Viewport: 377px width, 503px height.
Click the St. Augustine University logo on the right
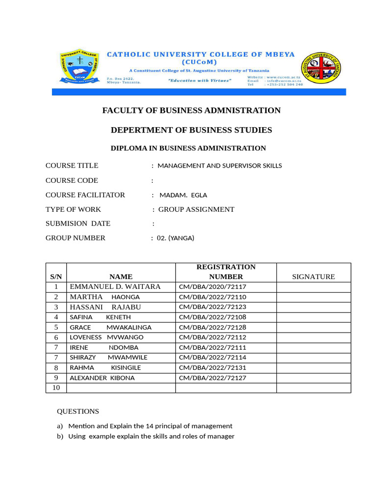tap(323, 66)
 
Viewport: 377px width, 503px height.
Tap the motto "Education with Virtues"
tap(199, 80)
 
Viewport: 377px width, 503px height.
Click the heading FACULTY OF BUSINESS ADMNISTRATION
tap(191, 111)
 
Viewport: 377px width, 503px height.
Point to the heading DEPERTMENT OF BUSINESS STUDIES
tap(191, 130)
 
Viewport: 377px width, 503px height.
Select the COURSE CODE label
tap(72, 180)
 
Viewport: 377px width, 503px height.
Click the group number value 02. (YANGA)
tap(176, 238)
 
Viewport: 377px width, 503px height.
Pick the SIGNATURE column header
tap(313, 277)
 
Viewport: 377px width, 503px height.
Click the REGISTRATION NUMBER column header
tap(226, 272)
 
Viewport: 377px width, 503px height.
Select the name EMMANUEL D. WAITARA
tap(115, 286)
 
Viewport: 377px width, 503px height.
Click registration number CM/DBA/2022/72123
tap(213, 307)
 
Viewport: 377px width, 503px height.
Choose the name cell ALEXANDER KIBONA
tap(102, 378)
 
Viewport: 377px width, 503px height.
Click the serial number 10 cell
tap(56, 388)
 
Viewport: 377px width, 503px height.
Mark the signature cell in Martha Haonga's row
tap(313, 297)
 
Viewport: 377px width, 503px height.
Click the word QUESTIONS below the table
tap(78, 411)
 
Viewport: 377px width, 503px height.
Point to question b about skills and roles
tap(151, 436)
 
